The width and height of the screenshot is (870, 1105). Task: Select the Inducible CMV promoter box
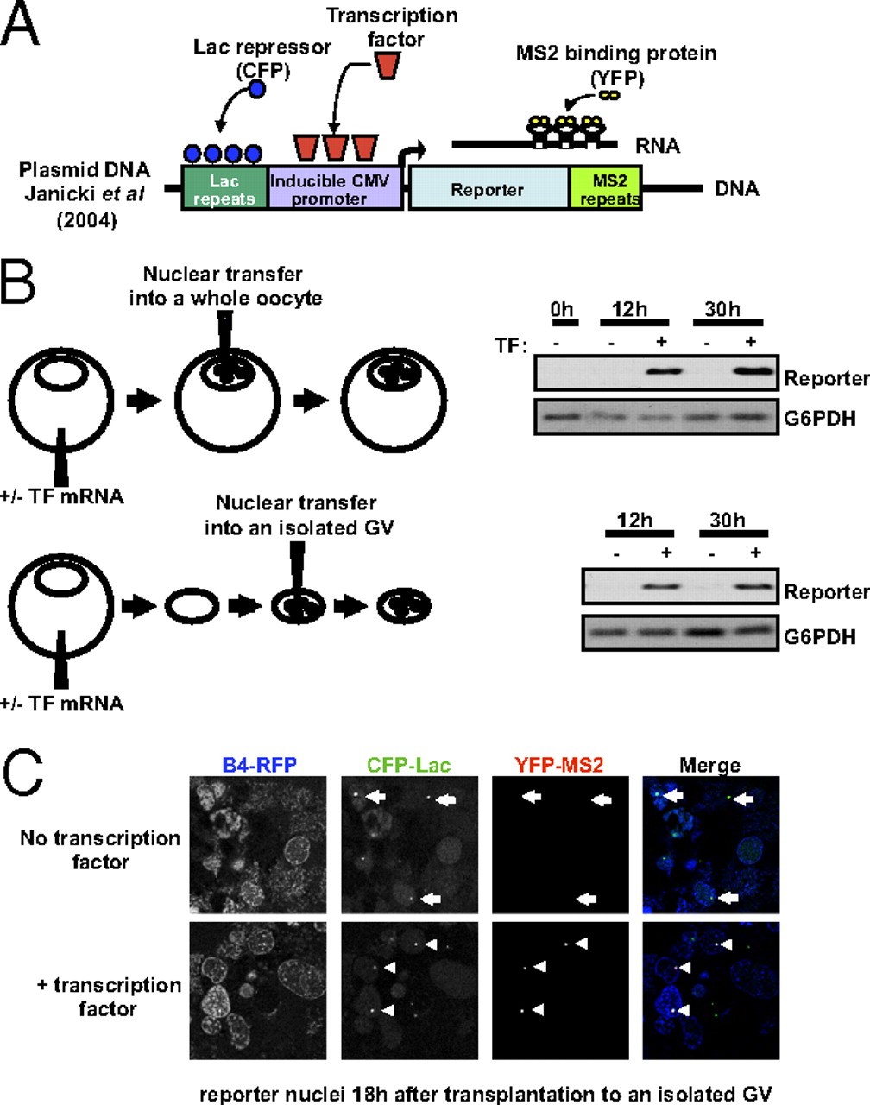pos(336,189)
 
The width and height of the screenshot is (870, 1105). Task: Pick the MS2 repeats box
pos(605,189)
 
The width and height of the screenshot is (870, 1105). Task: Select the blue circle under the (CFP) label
pos(256,90)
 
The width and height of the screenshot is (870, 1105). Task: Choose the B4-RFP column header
pos(256,764)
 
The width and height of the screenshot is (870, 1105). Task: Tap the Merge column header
pos(709,764)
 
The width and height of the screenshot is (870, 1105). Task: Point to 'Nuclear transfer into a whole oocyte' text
pos(224,286)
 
